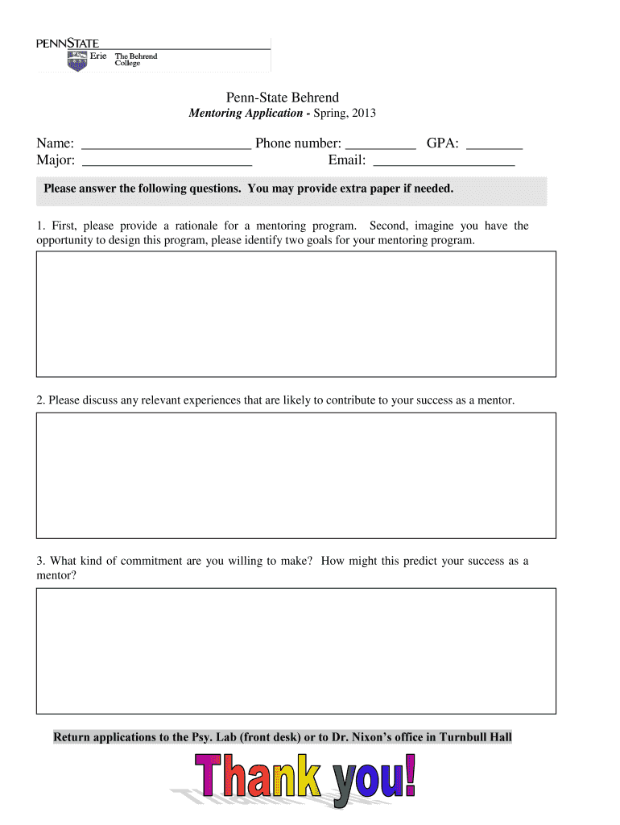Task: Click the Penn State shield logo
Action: [x=77, y=61]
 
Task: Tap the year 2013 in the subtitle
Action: [x=362, y=114]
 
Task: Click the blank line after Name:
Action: [x=167, y=147]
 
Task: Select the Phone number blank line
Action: [x=380, y=147]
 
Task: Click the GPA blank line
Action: [x=494, y=147]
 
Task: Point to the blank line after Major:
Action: [x=167, y=164]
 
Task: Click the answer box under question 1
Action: [x=296, y=313]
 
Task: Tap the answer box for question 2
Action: [x=296, y=475]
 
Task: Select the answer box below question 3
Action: [x=296, y=650]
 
